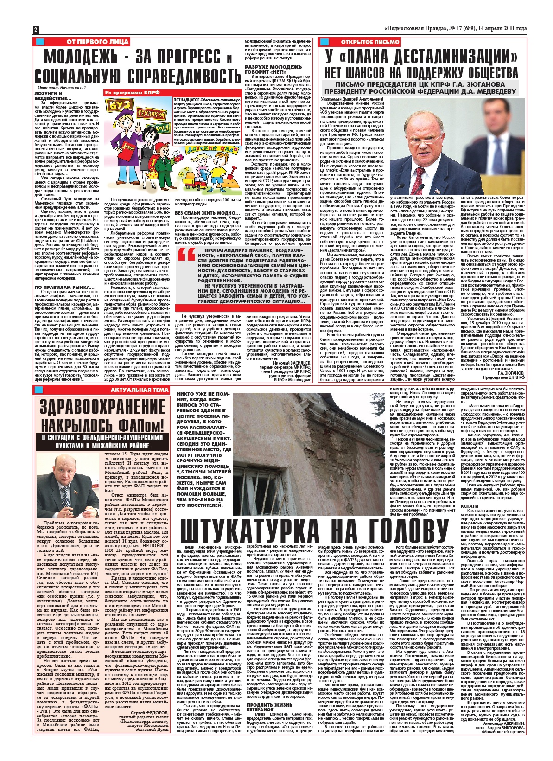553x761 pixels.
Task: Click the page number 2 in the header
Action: click(35, 30)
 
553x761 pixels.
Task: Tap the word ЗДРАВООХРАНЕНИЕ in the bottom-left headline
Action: click(102, 408)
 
